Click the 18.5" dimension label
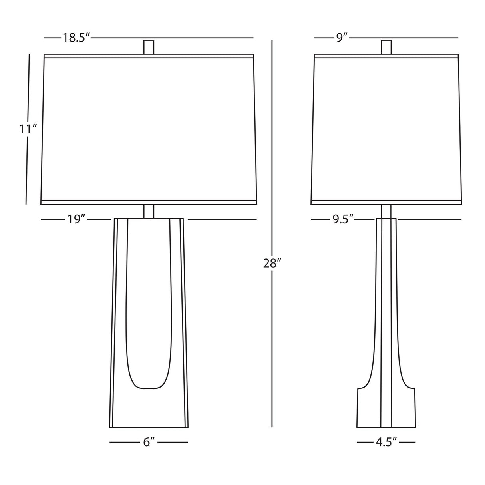76,38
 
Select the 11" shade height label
28,129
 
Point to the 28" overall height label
272,264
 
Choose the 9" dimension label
342,38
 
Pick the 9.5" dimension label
342,219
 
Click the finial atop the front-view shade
149,47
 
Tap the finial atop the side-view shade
386,47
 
